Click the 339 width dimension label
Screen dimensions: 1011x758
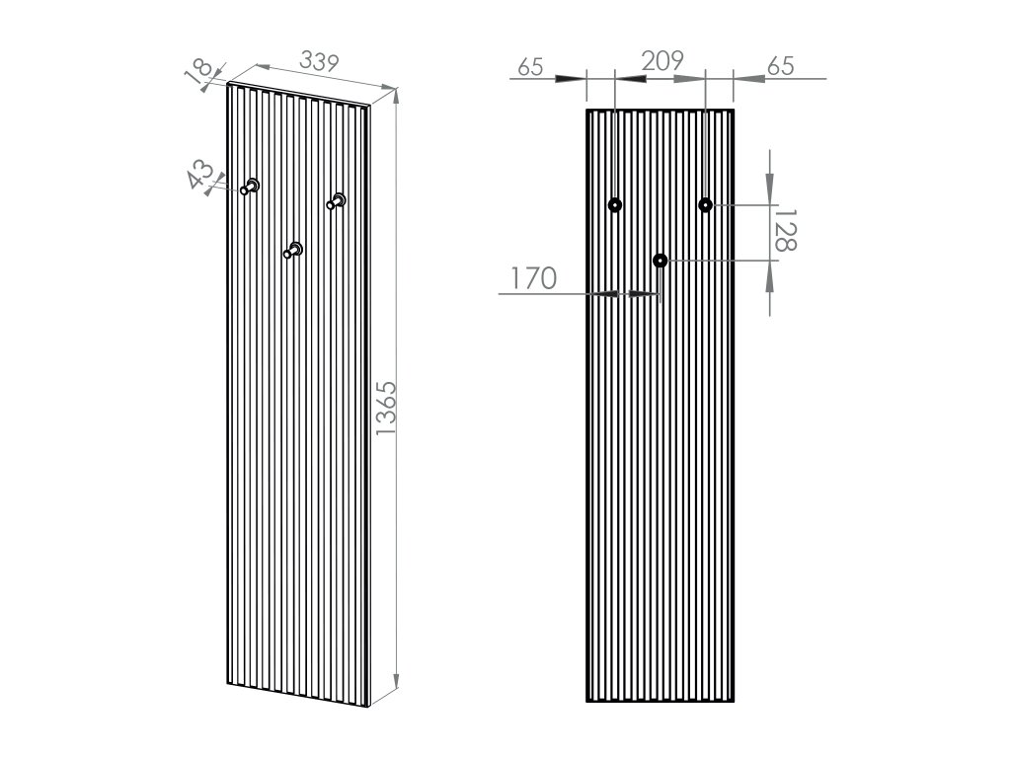click(319, 62)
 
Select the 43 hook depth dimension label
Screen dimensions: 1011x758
click(200, 174)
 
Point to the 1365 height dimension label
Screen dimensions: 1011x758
click(387, 408)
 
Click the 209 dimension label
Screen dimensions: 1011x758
click(662, 60)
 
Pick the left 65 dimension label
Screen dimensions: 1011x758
click(530, 67)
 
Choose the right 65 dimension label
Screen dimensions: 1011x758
click(781, 66)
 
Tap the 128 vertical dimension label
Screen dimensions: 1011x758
click(785, 230)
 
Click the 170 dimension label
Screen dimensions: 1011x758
click(534, 278)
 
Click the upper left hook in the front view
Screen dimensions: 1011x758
click(615, 205)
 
